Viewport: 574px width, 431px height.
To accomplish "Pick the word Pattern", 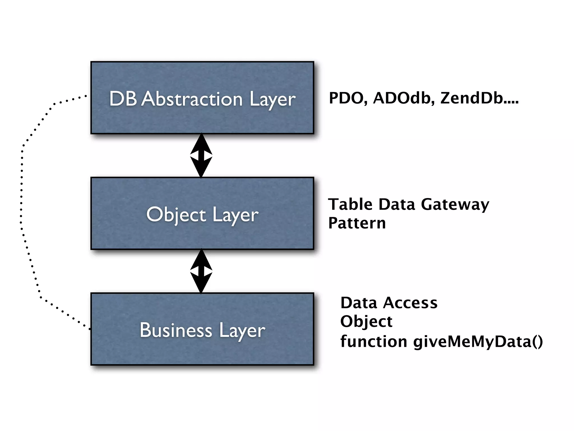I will pos(357,223).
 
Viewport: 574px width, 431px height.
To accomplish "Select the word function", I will pos(373,342).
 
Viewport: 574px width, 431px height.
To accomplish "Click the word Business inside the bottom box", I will pos(176,330).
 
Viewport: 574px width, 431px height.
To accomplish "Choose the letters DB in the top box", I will pos(123,99).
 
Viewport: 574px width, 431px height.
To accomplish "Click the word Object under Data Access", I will pos(366,322).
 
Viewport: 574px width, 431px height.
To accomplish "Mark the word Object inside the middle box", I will pos(176,215).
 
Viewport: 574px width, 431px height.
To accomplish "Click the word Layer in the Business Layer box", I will pos(242,331).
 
